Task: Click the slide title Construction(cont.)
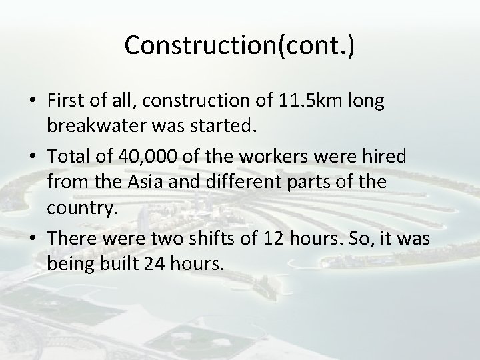click(239, 45)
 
